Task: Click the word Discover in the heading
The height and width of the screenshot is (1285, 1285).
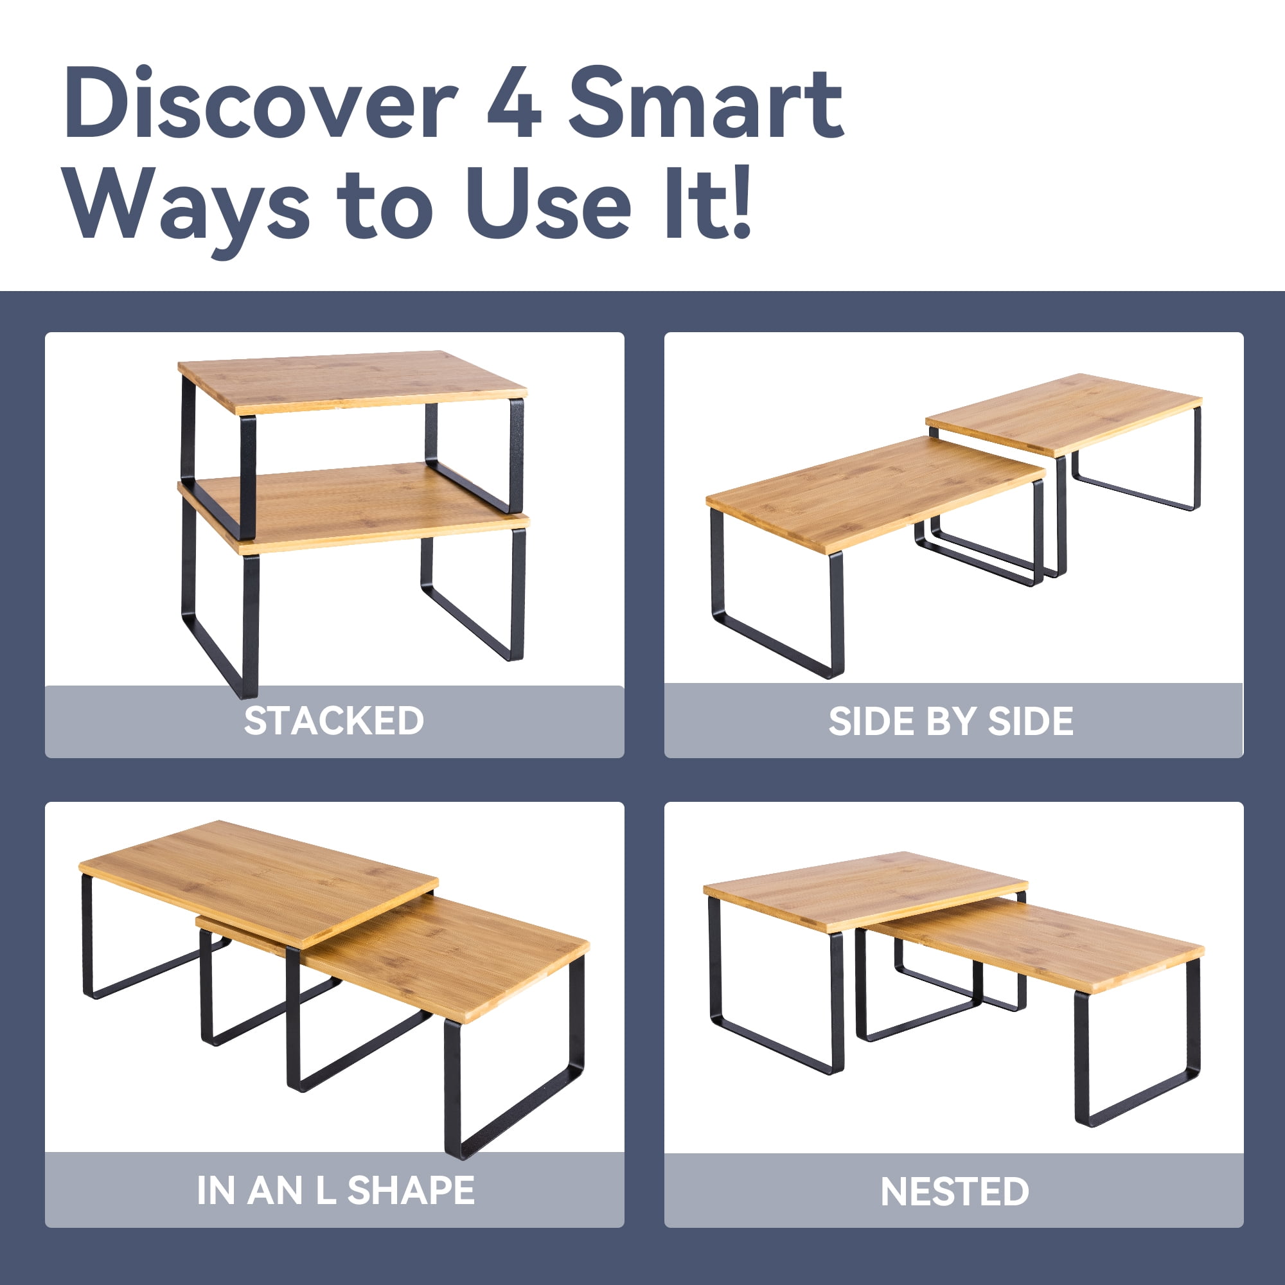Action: pos(261,103)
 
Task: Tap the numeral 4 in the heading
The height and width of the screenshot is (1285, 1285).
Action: pos(513,103)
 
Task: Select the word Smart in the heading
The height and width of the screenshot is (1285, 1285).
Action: pos(706,103)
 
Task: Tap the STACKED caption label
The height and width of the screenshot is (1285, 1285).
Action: pos(334,721)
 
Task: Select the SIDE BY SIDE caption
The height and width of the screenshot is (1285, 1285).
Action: pos(950,722)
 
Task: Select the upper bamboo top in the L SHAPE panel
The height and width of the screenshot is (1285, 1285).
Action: pos(258,878)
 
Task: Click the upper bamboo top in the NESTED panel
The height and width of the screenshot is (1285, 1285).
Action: pos(865,889)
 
